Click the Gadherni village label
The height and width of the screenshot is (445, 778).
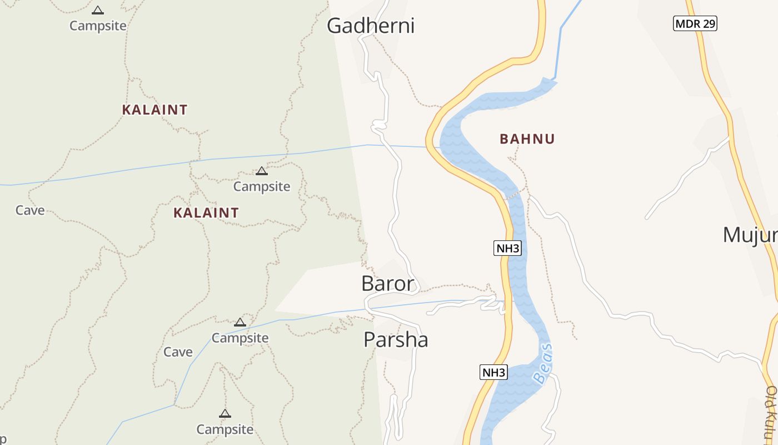pos(371,26)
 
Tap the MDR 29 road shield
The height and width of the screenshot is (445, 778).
pos(695,23)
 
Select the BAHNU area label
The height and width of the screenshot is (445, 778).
pos(527,139)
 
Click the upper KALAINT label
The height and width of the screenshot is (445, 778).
pos(154,110)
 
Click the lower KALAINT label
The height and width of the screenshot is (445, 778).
pos(206,212)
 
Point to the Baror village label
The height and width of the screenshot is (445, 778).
pos(388,284)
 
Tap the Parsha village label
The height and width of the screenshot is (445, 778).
pos(396,339)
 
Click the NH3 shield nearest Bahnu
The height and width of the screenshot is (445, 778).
pos(507,248)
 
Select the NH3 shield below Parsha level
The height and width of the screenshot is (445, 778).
pos(493,372)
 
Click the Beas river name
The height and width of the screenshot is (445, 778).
pos(543,364)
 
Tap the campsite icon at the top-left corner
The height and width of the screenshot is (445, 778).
pos(98,10)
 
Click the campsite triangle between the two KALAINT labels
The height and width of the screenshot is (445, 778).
pos(261,171)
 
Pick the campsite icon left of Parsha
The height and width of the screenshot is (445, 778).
pos(240,322)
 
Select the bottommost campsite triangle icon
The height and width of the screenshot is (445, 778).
pos(225,413)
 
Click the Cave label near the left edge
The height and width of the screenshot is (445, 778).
pos(30,210)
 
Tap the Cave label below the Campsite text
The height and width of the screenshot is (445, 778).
pos(178,352)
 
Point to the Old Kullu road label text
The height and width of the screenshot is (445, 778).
pos(770,412)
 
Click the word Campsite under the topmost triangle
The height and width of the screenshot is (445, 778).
pos(98,26)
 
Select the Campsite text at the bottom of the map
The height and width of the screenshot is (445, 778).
pos(225,429)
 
